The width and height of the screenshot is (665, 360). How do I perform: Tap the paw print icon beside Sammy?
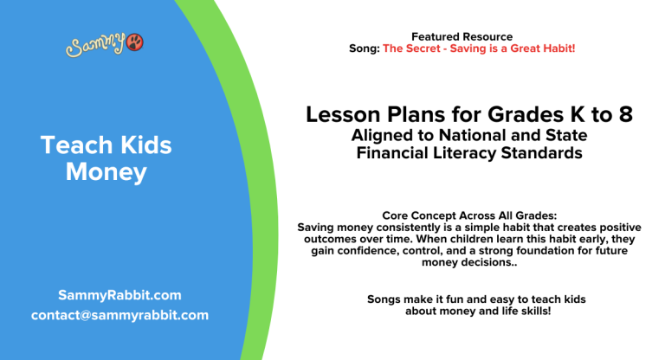pos(135,42)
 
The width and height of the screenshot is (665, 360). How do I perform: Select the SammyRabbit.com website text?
pos(119,294)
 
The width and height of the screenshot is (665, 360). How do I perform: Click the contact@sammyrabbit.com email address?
pos(119,315)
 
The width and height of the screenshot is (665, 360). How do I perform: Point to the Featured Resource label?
pos(462,36)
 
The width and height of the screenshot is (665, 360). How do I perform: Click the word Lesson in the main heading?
pos(341,115)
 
